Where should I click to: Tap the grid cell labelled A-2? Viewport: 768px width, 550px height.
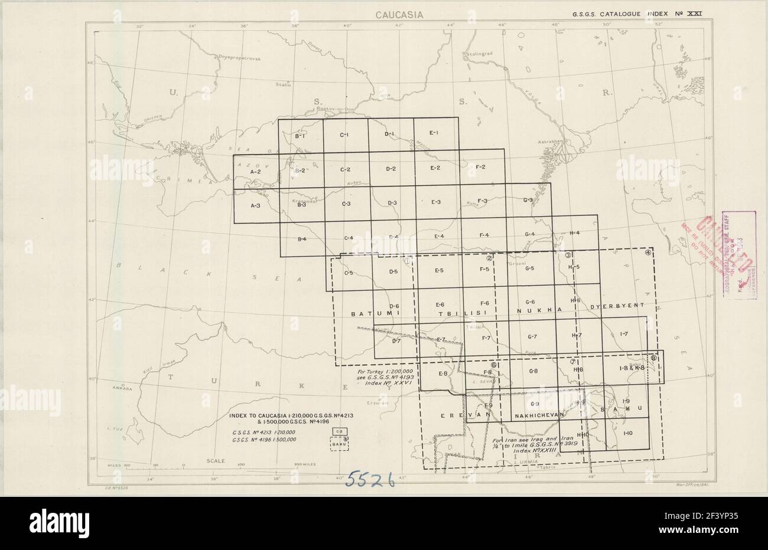(x=256, y=171)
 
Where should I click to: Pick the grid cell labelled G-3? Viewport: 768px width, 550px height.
(x=529, y=201)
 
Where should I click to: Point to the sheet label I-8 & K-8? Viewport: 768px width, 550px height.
(x=631, y=368)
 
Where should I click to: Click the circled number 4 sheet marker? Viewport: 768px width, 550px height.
(x=648, y=253)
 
